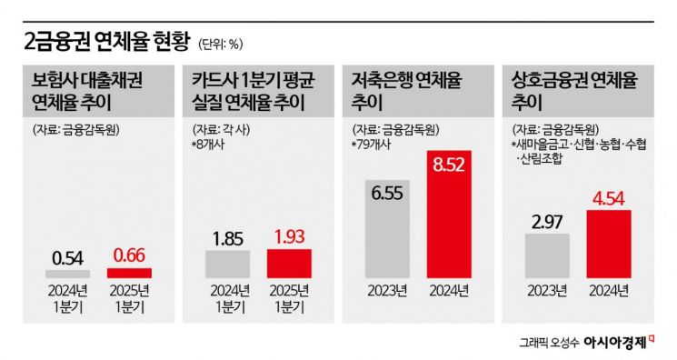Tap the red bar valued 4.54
[609, 245]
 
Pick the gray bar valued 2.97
[545, 255]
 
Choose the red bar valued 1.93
[289, 264]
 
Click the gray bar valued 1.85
[227, 264]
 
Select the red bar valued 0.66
[130, 273]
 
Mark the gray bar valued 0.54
[68, 274]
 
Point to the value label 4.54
[609, 195]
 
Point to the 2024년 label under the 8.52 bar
[448, 292]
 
